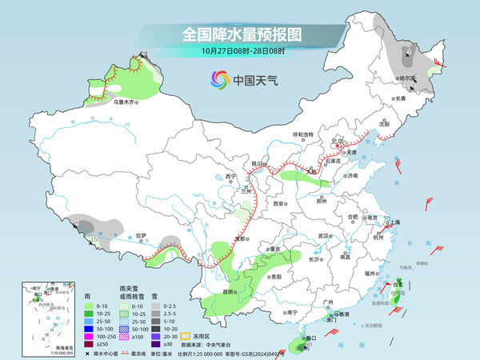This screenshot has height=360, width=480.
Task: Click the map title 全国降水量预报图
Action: point(242,34)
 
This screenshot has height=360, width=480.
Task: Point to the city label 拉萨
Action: point(142,235)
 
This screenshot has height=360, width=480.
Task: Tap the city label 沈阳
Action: point(384,125)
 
